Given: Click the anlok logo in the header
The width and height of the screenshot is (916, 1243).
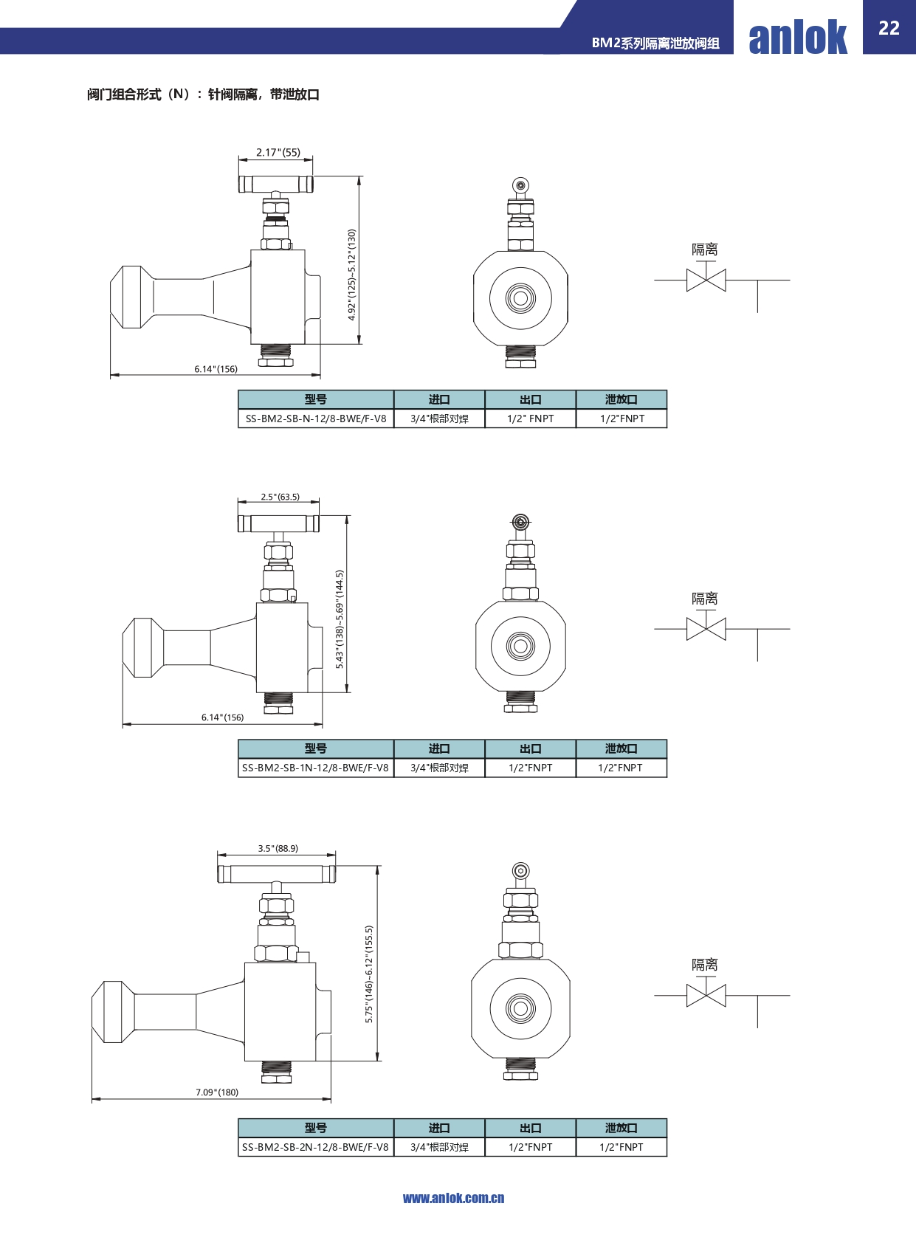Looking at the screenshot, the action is [x=798, y=37].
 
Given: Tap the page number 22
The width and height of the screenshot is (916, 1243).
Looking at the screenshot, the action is [x=889, y=28].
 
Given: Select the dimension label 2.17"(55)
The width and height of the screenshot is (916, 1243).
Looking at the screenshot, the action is [x=278, y=152].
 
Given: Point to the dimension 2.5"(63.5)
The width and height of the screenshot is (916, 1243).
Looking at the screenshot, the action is [x=280, y=497].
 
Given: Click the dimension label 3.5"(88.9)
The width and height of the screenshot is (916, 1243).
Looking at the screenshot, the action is [x=278, y=848].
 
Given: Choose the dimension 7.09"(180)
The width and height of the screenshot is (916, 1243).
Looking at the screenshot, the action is [x=217, y=1092].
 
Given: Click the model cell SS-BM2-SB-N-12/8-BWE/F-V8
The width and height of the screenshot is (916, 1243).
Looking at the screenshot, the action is [x=316, y=419].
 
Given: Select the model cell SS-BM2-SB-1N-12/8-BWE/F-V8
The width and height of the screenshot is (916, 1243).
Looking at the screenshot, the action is [x=315, y=768].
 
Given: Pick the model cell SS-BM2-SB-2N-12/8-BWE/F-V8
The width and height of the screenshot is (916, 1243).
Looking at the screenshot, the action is [x=315, y=1146].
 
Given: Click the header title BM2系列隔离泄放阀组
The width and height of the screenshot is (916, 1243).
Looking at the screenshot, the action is [x=655, y=43].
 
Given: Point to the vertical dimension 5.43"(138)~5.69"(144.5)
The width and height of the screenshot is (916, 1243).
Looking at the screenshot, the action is [x=340, y=619].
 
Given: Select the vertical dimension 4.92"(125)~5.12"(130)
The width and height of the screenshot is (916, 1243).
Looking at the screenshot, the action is [x=352, y=275].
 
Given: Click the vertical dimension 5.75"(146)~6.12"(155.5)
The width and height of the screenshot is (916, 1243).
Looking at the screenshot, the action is [x=369, y=974].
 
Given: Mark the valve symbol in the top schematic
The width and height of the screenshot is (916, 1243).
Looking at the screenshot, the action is [x=706, y=280].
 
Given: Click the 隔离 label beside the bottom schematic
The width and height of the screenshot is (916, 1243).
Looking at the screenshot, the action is [x=705, y=965].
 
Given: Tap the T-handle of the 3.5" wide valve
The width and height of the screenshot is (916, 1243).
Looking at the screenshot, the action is [x=276, y=874].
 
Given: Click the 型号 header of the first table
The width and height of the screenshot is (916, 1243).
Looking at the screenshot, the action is [x=316, y=399].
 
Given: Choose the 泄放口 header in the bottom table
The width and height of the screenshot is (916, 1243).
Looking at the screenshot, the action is [x=621, y=1128].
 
